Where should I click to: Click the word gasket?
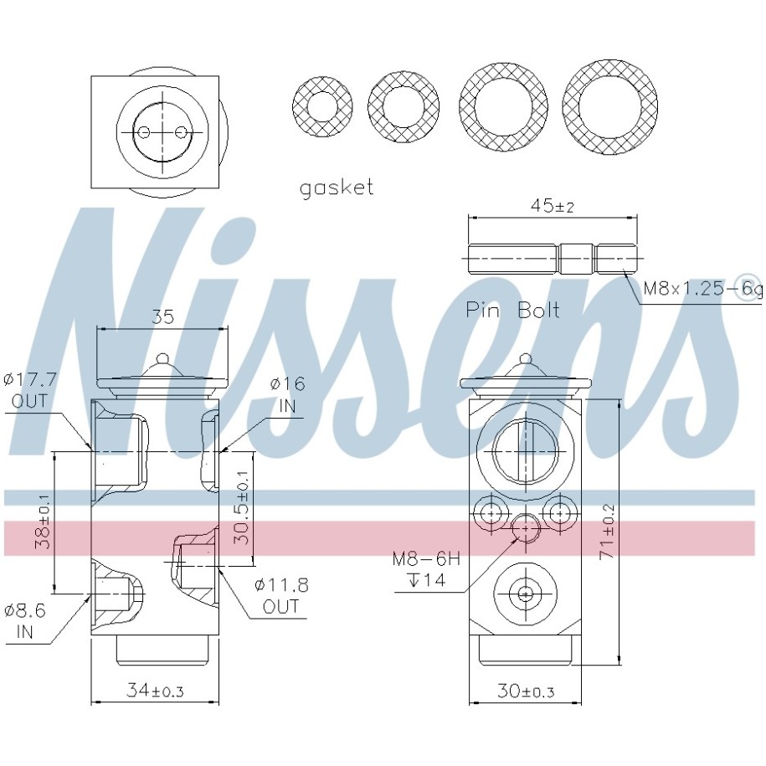point(337,187)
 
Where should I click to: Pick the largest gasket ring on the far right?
point(609,105)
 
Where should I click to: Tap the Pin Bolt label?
point(512,311)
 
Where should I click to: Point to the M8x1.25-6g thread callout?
point(702,290)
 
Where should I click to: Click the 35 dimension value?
point(162,316)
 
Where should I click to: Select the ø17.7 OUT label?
point(29,390)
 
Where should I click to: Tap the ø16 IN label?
point(287,394)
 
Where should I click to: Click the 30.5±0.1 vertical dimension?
point(241,507)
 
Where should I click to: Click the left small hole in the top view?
point(144,132)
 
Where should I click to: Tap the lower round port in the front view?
point(525,594)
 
